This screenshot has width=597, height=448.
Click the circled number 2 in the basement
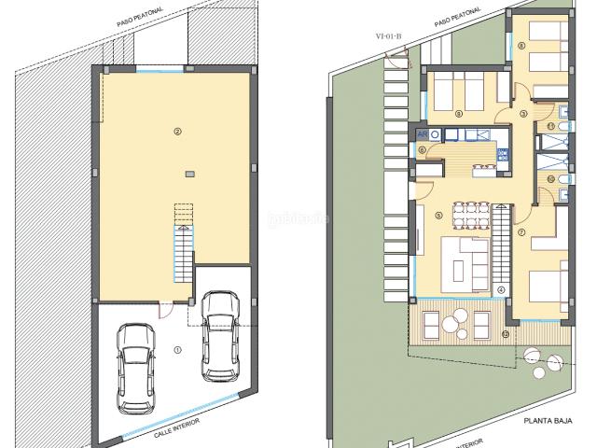176,132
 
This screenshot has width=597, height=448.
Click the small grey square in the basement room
189,173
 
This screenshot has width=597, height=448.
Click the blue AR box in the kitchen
423,134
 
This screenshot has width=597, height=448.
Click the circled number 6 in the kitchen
423,149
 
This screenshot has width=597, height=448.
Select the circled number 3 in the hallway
524,114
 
